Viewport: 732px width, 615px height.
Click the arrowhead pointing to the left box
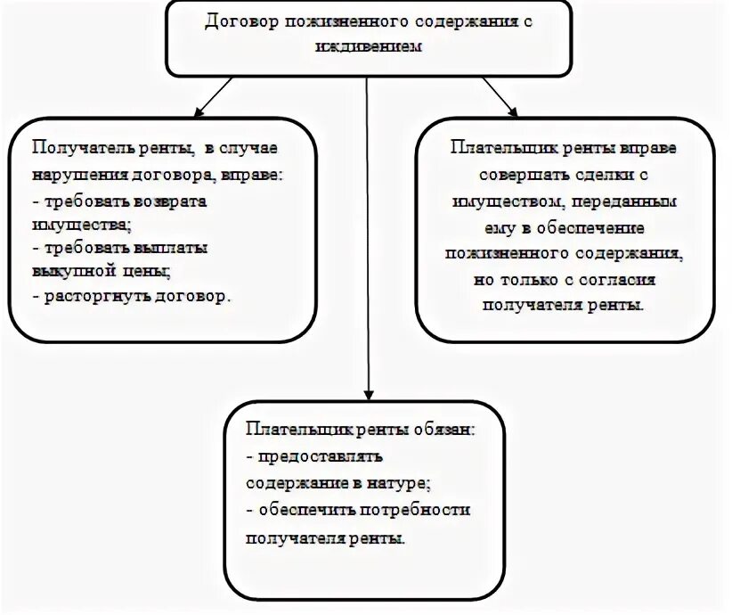pyautogui.click(x=198, y=113)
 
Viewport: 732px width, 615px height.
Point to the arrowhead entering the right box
pyautogui.click(x=511, y=111)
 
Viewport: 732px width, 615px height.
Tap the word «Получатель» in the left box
pyautogui.click(x=76, y=146)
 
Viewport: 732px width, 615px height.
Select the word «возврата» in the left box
pyautogui.click(x=174, y=201)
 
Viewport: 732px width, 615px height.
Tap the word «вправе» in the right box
pyautogui.click(x=648, y=146)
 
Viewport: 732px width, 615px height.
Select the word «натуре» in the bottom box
pyautogui.click(x=396, y=483)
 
